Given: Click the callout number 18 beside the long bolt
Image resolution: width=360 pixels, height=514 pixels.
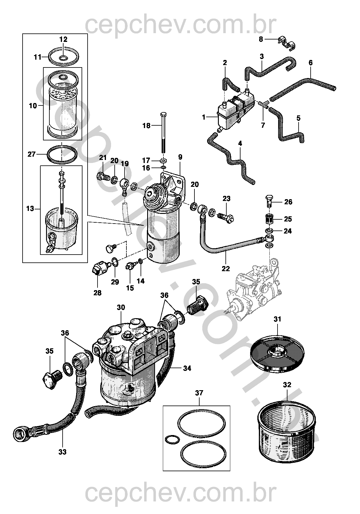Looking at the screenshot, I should click(146, 126).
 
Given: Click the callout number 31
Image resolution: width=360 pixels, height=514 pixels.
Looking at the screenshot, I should click(277, 319).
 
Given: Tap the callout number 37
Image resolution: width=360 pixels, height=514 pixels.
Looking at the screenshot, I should click(199, 393).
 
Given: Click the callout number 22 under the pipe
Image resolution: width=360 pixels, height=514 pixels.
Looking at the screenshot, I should click(226, 268).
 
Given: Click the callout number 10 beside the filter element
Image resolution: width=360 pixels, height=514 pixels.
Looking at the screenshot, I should click(33, 106).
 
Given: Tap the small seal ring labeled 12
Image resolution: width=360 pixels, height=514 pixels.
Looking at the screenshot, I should click(63, 58).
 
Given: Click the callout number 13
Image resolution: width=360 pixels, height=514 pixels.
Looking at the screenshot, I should click(30, 209).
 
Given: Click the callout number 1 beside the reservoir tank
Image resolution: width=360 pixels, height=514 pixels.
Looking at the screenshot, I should click(204, 117).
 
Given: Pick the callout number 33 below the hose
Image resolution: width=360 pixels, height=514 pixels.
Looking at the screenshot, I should click(63, 452).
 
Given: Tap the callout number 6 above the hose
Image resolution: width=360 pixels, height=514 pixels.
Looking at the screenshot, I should click(311, 63).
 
